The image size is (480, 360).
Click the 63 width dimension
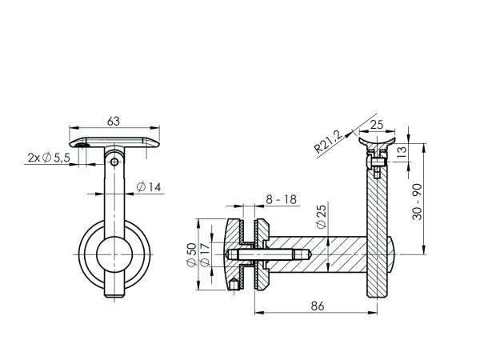[114, 122]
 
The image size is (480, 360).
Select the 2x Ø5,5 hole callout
[49, 158]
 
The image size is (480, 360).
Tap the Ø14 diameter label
[149, 186]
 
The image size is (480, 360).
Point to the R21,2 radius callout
[327, 142]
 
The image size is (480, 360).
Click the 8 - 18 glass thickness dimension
[282, 199]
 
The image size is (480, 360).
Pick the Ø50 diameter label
[192, 254]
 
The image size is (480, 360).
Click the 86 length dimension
[318, 306]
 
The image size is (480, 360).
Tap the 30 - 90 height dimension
[417, 202]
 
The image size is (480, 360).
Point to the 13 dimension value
[403, 151]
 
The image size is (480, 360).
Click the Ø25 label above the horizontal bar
[321, 217]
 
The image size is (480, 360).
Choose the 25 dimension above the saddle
[377, 125]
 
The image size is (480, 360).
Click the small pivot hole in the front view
[114, 162]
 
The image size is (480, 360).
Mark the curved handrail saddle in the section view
[377, 143]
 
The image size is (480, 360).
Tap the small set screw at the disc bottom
[234, 284]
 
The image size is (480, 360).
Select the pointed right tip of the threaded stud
[312, 254]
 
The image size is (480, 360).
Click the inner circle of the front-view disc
[114, 254]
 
